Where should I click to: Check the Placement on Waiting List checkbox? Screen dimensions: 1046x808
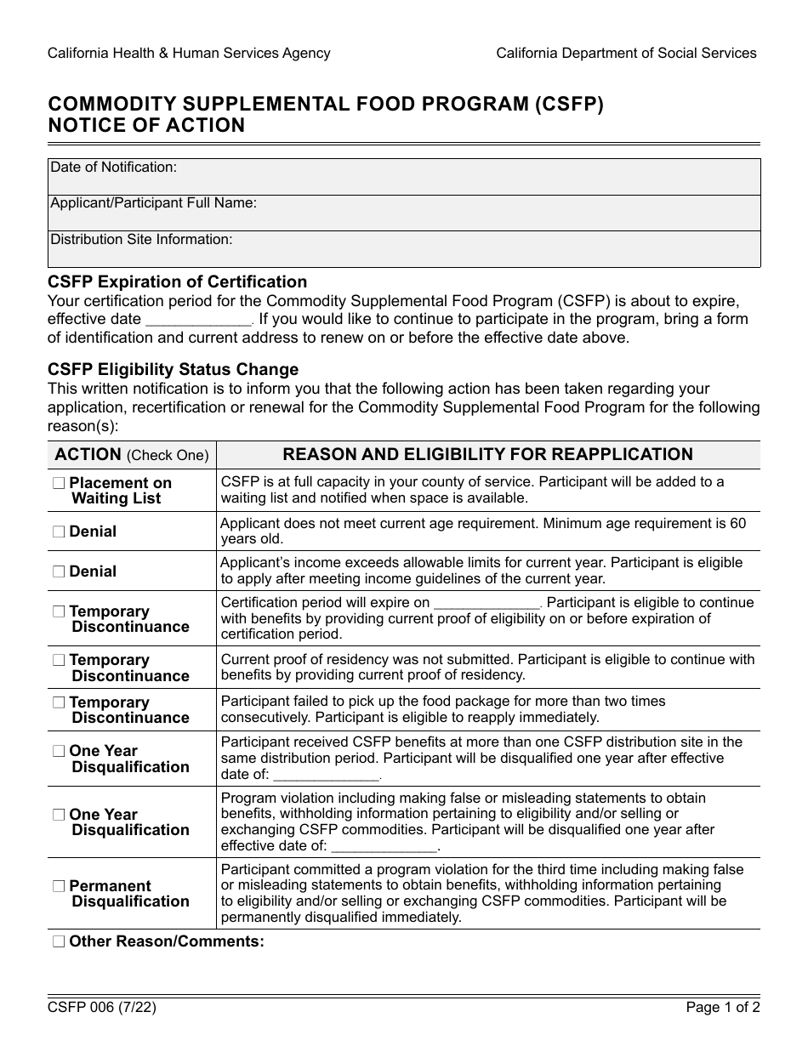coord(59,483)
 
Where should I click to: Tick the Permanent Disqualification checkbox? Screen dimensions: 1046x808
coord(59,886)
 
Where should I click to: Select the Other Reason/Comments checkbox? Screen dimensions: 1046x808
coord(59,941)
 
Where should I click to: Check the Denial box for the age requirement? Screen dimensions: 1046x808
coord(59,532)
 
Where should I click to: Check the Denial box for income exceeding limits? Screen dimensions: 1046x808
coord(59,571)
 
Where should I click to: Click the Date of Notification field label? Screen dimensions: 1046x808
coord(114,168)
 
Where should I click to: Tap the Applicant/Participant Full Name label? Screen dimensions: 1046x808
coord(154,203)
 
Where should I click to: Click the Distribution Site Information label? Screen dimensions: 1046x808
coord(141,240)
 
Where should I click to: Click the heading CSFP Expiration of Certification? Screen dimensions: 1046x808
coord(178,281)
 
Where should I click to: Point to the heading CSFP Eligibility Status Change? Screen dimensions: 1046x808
coord(174,370)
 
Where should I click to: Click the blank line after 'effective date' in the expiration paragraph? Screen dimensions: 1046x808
coord(199,321)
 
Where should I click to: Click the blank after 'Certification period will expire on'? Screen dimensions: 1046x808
coord(487,604)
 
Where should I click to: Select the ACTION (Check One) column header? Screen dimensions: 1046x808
coord(132,455)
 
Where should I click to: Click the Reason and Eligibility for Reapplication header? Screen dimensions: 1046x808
coord(487,455)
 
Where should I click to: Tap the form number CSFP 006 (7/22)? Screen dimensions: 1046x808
coord(102,1009)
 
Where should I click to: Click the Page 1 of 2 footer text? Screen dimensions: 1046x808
coord(723,1009)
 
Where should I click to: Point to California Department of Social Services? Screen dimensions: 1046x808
coord(626,53)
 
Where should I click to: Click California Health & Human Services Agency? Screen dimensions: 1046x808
coord(189,53)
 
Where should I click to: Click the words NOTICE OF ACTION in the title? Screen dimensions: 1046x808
coord(146,126)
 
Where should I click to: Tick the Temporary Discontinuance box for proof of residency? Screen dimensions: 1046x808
coord(59,661)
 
